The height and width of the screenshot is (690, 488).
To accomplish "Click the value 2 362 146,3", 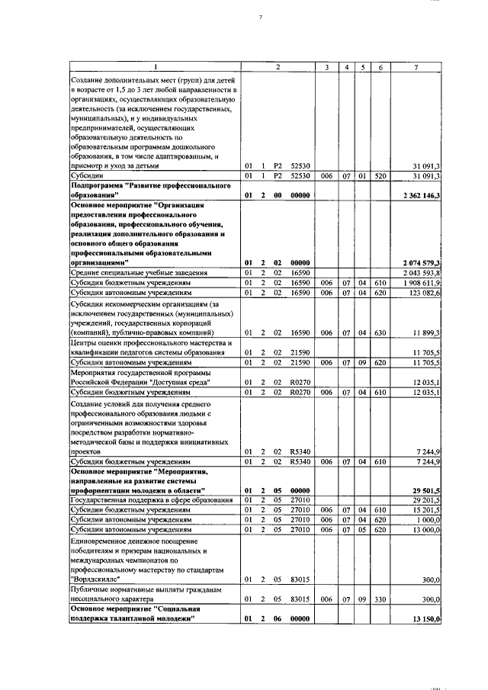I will click(420, 196).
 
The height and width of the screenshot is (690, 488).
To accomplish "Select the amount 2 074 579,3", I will click(420, 262).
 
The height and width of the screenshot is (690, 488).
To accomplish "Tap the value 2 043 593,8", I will click(421, 272).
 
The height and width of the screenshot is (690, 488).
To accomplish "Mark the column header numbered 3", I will click(326, 68).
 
